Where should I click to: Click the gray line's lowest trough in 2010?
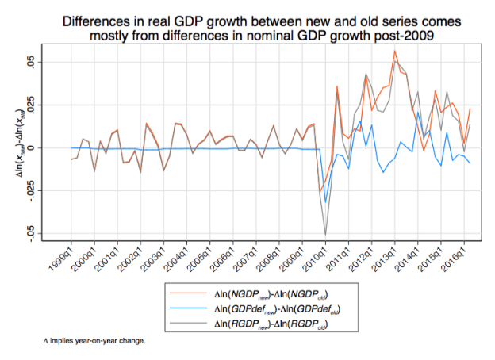pos(325,235)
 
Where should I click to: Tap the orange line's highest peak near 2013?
pos(394,51)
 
